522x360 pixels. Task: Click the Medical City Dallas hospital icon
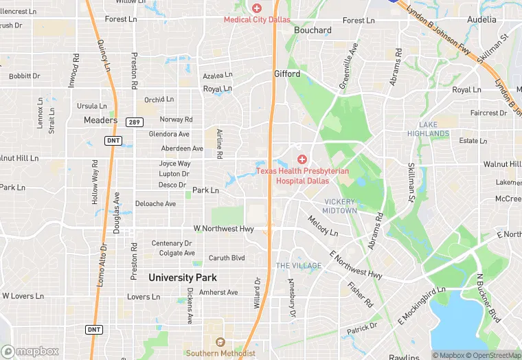click(x=257, y=8)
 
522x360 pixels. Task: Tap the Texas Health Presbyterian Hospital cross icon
click(x=302, y=159)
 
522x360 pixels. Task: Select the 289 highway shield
click(x=133, y=122)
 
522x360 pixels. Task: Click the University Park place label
click(x=183, y=278)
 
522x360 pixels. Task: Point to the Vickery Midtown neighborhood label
click(x=340, y=206)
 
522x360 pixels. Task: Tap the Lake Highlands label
click(x=433, y=129)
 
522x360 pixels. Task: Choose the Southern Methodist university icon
click(x=220, y=342)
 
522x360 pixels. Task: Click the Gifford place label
click(x=287, y=74)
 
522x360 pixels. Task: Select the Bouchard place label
click(x=313, y=30)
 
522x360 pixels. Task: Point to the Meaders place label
click(x=101, y=120)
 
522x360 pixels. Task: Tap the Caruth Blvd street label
click(x=227, y=258)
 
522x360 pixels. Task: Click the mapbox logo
click(x=30, y=351)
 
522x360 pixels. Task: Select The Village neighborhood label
click(x=299, y=266)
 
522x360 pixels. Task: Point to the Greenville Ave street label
click(x=349, y=67)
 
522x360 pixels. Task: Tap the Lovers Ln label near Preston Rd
click(x=143, y=297)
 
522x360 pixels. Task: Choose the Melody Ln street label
click(x=323, y=227)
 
